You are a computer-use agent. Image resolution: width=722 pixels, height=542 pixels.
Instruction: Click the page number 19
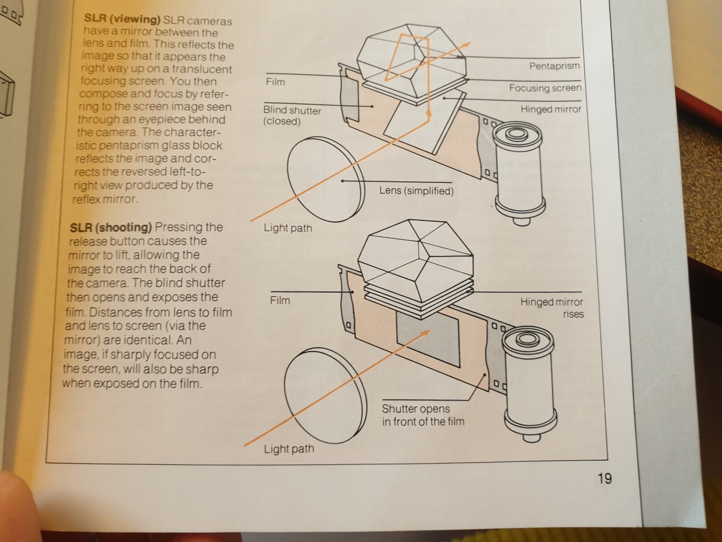[x=604, y=479]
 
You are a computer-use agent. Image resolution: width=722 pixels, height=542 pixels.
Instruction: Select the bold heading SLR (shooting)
[x=111, y=227]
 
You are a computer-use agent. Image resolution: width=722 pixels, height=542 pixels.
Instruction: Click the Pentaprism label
[x=554, y=66]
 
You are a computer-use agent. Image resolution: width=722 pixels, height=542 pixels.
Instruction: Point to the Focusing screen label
[x=545, y=88]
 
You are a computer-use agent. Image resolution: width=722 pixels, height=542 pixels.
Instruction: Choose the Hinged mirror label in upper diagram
[x=551, y=110]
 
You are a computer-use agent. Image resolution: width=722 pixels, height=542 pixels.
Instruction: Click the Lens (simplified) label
[x=416, y=191]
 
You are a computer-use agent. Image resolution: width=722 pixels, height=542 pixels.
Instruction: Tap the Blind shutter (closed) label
[x=292, y=116]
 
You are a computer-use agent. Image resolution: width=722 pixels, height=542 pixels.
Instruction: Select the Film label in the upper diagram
[x=276, y=81]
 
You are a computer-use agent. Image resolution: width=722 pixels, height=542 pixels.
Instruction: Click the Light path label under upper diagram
[x=288, y=228]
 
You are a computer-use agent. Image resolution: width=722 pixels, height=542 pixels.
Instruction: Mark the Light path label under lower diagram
[x=289, y=449]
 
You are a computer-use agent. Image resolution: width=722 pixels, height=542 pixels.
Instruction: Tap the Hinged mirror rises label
[x=552, y=308]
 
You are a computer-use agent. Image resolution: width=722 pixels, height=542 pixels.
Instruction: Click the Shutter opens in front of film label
[x=423, y=416]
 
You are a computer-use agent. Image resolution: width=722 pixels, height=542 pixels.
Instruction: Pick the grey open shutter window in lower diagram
[x=428, y=339]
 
